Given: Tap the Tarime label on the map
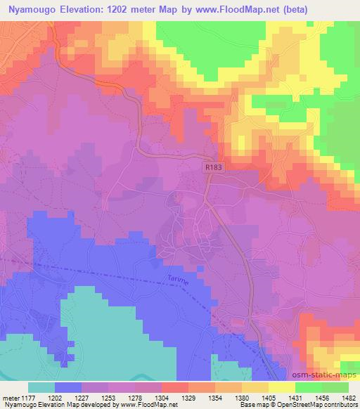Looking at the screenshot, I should (x=179, y=280).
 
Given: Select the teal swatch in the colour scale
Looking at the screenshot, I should (x=41, y=387).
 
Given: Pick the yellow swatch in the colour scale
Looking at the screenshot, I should (x=282, y=387).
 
